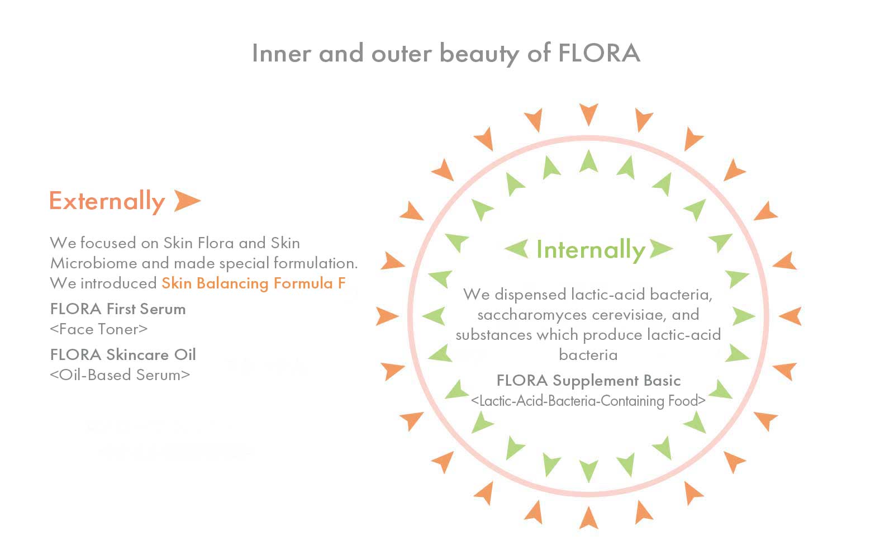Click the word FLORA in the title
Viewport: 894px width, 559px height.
[x=599, y=53]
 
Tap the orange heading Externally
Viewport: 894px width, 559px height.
[x=107, y=201]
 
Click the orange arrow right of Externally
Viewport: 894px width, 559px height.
[x=187, y=201]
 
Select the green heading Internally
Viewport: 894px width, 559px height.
[x=591, y=250]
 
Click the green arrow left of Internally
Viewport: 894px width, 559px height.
[x=516, y=248]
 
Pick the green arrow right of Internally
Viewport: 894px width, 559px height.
[x=662, y=248]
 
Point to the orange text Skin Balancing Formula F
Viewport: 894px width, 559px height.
[x=254, y=283]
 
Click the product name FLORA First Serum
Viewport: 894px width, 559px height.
[x=118, y=309]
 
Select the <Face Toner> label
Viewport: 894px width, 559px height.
[x=98, y=329]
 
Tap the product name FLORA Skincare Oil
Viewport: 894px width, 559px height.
[x=123, y=354]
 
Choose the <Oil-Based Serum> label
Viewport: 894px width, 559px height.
[x=120, y=375]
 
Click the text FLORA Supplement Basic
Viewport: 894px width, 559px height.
[x=589, y=381]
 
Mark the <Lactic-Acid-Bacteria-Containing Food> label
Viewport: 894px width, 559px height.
[x=588, y=400]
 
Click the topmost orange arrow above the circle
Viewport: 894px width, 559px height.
[x=589, y=114]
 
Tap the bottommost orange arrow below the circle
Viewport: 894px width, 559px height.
[x=589, y=518]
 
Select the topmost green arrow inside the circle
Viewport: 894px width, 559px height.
[x=589, y=161]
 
